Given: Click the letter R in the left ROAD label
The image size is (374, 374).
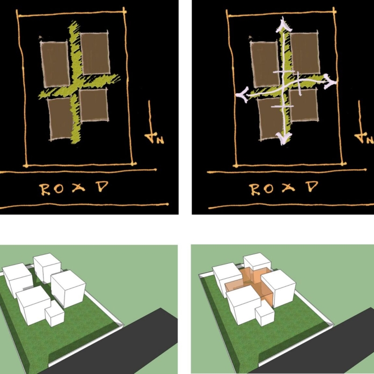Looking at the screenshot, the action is (45, 189).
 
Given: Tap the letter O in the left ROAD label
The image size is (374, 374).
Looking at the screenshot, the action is (59, 188).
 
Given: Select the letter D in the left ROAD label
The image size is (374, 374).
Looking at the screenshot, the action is (102, 187).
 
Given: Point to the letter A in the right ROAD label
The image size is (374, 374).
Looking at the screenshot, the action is (288, 188).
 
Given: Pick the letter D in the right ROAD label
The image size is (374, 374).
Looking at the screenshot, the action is (312, 187).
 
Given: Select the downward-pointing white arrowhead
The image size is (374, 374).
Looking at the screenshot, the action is (283, 139).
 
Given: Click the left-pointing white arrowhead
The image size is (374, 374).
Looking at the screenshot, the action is (242, 95).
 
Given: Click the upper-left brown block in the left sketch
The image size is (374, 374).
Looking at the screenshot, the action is (55, 64).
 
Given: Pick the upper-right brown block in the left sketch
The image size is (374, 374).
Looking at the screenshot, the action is (95, 53).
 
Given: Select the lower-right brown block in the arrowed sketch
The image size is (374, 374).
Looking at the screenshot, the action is (304, 105).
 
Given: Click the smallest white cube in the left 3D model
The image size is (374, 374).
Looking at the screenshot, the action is (55, 313).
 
